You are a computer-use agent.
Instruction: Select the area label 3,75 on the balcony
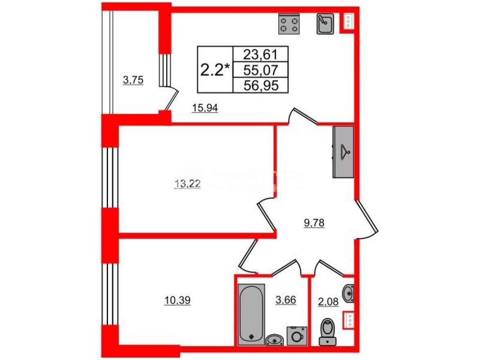pos(133,81)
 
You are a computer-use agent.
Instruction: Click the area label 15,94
pos(204,108)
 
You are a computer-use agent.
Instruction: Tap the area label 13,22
pos(187,184)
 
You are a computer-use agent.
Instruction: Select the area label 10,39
pos(178,301)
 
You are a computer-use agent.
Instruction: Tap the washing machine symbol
pos(296,336)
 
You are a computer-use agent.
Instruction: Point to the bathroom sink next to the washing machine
pos(275,340)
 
